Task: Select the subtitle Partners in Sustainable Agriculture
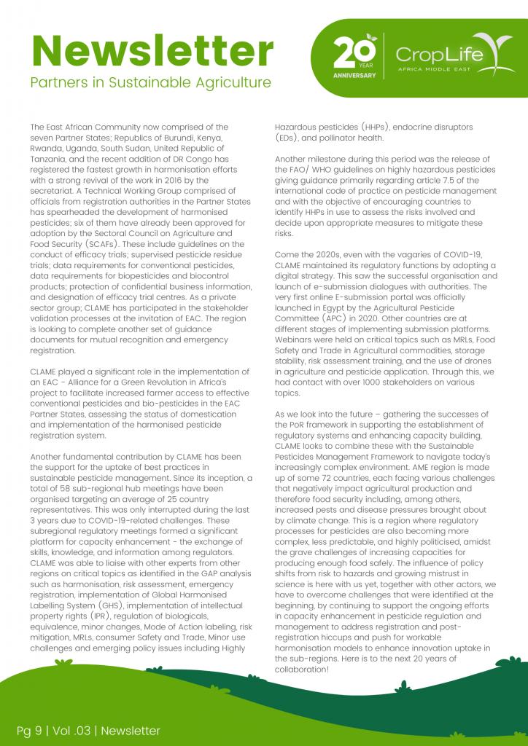pyautogui.click(x=151, y=82)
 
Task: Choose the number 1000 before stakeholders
pyautogui.click(x=373, y=382)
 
